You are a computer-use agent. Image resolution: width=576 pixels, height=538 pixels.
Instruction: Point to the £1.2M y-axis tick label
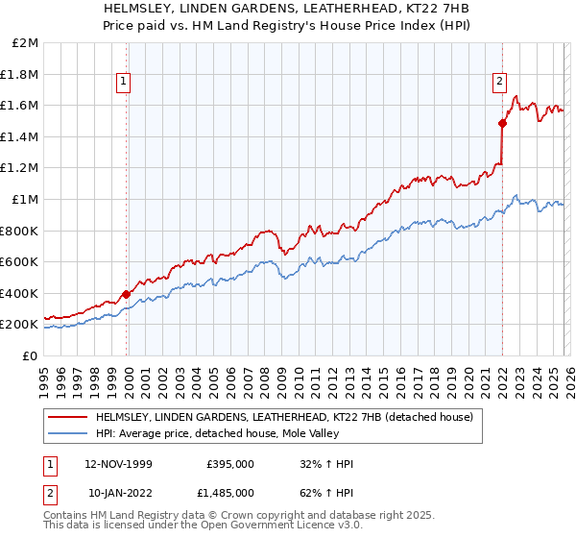click(21, 168)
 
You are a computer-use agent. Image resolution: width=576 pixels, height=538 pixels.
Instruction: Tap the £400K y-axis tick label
click(21, 293)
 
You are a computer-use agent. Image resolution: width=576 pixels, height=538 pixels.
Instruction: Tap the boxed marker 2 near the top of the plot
click(500, 83)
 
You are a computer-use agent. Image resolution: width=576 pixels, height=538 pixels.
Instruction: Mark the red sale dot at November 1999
click(127, 294)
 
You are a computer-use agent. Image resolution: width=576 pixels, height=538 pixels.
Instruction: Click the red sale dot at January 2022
click(502, 123)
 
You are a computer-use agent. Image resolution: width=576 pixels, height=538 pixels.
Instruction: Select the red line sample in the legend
click(68, 418)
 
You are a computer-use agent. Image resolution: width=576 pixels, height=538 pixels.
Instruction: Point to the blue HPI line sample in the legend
click(68, 433)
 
